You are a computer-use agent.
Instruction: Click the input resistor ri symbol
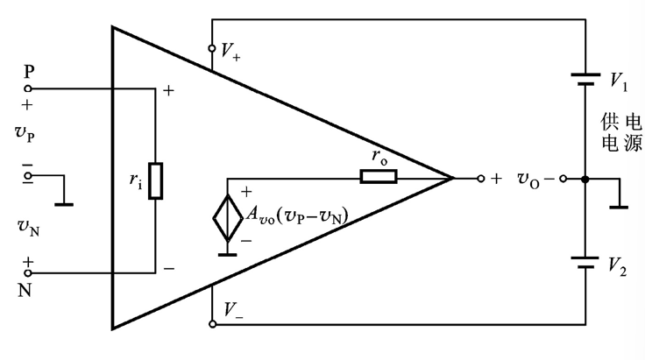click(155, 180)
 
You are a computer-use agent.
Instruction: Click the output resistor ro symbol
click(378, 178)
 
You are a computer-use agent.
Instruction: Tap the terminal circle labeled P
click(28, 88)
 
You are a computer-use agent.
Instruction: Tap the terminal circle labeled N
click(28, 272)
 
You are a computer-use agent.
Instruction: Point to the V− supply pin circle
click(212, 323)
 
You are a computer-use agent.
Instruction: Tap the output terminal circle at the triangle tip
click(481, 178)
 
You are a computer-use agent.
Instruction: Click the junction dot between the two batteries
click(585, 178)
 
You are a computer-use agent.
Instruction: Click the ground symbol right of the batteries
click(620, 207)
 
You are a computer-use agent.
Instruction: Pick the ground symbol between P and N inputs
click(63, 204)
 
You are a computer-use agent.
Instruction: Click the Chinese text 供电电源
click(621, 131)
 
